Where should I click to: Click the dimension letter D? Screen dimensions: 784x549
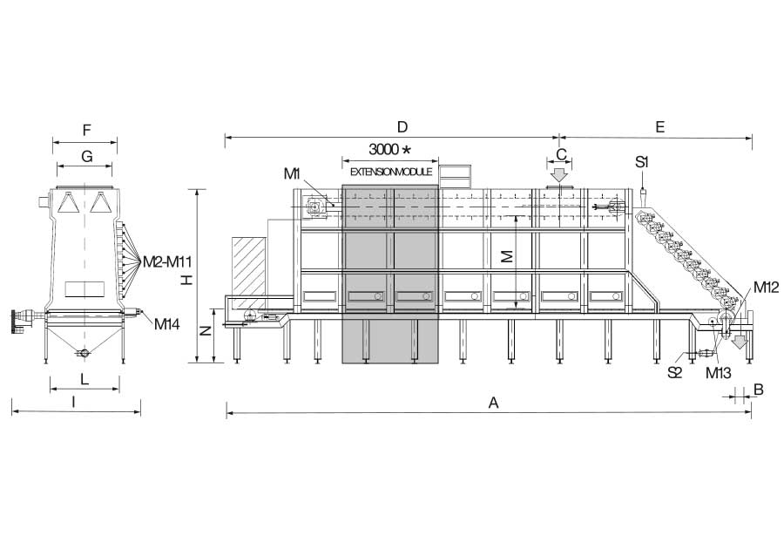(402, 127)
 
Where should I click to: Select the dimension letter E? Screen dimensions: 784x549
(659, 127)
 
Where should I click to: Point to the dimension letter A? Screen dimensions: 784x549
(493, 403)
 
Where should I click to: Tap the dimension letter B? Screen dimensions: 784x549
(758, 390)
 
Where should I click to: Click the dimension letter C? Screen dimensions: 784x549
(561, 154)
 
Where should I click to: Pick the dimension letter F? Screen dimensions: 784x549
(86, 131)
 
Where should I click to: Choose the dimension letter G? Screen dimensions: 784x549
(86, 157)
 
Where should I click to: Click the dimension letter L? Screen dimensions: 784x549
(84, 379)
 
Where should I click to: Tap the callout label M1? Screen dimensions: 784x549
(292, 173)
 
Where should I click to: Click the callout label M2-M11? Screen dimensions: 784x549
(167, 261)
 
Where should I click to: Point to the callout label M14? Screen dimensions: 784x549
(166, 324)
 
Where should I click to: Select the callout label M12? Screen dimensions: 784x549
(766, 287)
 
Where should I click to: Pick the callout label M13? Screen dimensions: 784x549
(719, 372)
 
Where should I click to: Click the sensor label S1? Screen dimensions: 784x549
(642, 161)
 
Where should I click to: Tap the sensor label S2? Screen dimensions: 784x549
(674, 372)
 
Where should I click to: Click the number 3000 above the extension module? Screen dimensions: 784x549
(383, 149)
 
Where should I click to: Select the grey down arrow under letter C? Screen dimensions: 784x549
(559, 175)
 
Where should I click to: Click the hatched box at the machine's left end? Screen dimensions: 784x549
(248, 273)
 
